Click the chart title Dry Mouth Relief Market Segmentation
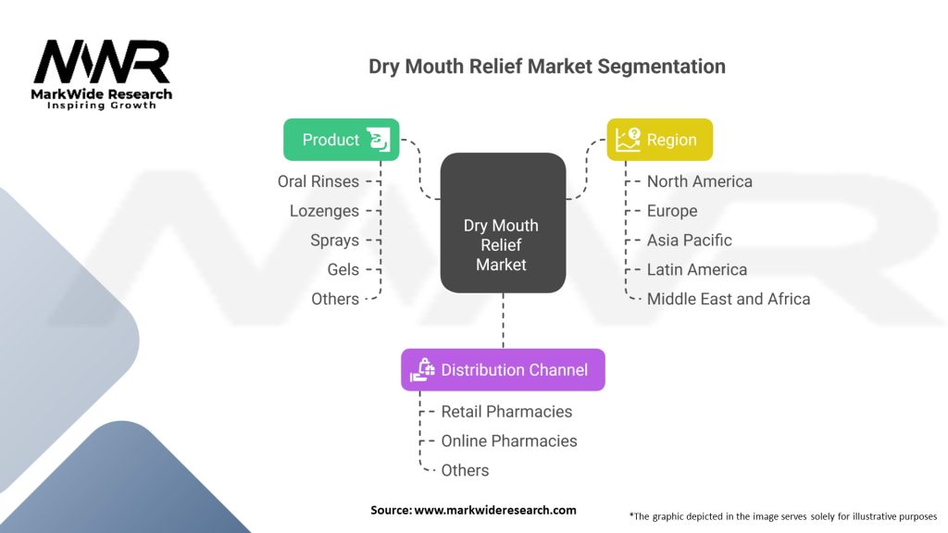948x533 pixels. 547,67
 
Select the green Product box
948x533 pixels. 341,140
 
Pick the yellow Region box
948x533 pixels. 659,140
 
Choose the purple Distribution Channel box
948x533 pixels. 503,369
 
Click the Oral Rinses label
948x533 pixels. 318,181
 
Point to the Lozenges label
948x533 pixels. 324,211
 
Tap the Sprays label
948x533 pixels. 334,241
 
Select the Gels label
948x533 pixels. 343,269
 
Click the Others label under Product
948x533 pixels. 335,299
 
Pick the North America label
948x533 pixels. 700,181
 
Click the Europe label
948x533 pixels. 672,211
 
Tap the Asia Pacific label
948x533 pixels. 690,241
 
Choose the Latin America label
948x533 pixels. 697,269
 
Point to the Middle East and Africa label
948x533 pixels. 729,299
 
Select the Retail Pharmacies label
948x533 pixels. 506,411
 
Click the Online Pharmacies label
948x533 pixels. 509,440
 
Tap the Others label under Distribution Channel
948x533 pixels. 465,470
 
